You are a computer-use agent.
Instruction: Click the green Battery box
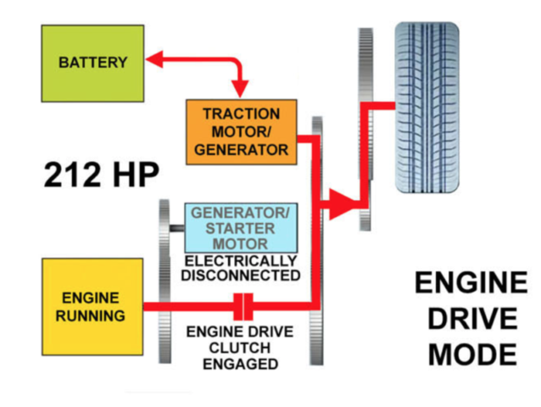pyautogui.click(x=92, y=63)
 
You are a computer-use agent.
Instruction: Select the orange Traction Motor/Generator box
pyautogui.click(x=242, y=132)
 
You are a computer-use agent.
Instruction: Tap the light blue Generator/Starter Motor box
pyautogui.click(x=242, y=227)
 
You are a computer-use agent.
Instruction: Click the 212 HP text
pyautogui.click(x=103, y=176)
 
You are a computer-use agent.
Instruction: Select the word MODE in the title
pyautogui.click(x=472, y=354)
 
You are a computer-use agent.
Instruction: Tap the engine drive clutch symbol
pyautogui.click(x=243, y=305)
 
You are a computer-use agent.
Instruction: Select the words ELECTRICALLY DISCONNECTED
pyautogui.click(x=242, y=268)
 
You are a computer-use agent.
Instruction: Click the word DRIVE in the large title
pyautogui.click(x=472, y=319)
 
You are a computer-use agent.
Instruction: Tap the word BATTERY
pyautogui.click(x=92, y=63)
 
